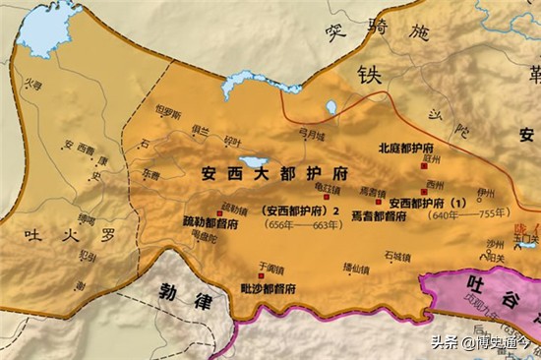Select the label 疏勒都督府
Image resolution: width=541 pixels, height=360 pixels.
coord(210,221)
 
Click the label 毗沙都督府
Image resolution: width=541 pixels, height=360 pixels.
coord(269,288)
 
